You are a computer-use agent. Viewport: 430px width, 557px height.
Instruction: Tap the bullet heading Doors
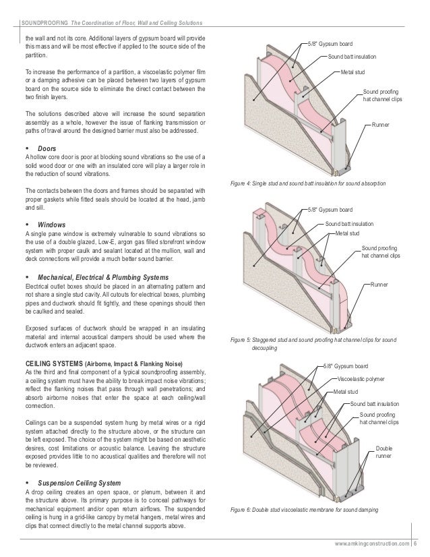coord(47,147)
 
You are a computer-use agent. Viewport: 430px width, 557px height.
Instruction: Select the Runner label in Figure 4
coord(382,125)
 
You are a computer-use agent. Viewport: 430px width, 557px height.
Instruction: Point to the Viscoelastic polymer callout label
coord(362,378)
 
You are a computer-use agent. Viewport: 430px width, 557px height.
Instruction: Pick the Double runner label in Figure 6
coord(385,452)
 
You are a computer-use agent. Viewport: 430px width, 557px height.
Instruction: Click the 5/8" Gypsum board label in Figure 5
coord(329,210)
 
